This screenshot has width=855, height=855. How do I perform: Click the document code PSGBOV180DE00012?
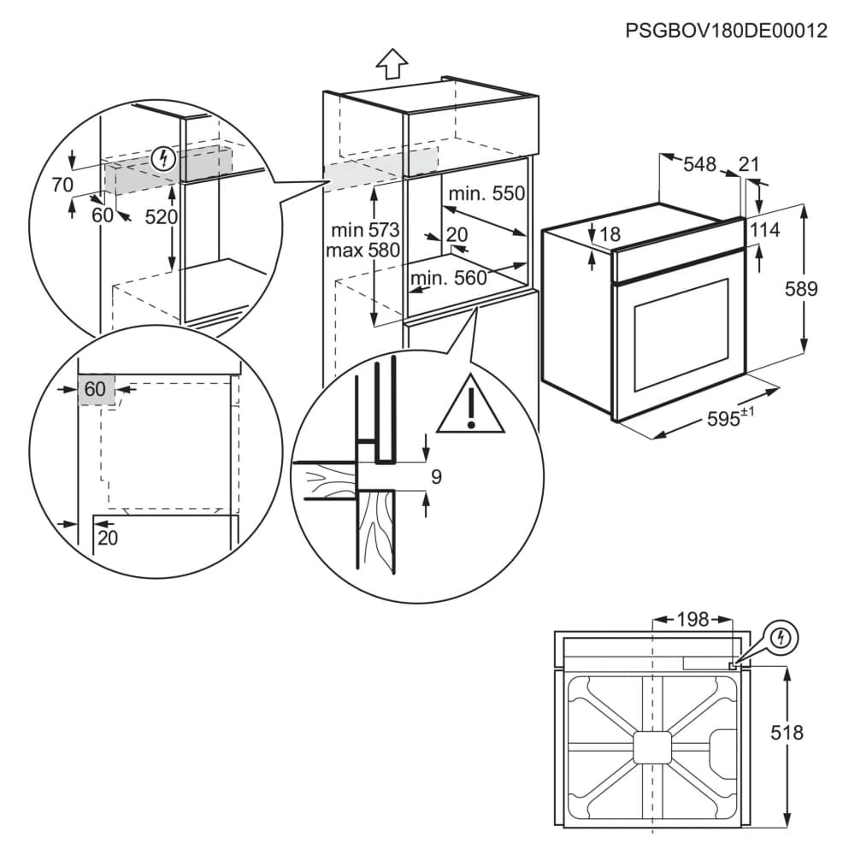[726, 32]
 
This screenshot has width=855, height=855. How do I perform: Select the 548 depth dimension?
[699, 165]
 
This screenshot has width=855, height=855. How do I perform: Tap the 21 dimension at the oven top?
[749, 164]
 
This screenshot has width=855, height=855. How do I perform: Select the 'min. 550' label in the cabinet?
[485, 194]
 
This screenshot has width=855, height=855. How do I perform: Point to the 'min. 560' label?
[448, 278]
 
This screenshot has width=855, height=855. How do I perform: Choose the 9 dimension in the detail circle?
[436, 476]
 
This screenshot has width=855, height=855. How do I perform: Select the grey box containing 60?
[95, 389]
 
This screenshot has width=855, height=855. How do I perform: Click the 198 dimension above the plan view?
[692, 620]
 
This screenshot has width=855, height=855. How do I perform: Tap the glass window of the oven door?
[679, 338]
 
